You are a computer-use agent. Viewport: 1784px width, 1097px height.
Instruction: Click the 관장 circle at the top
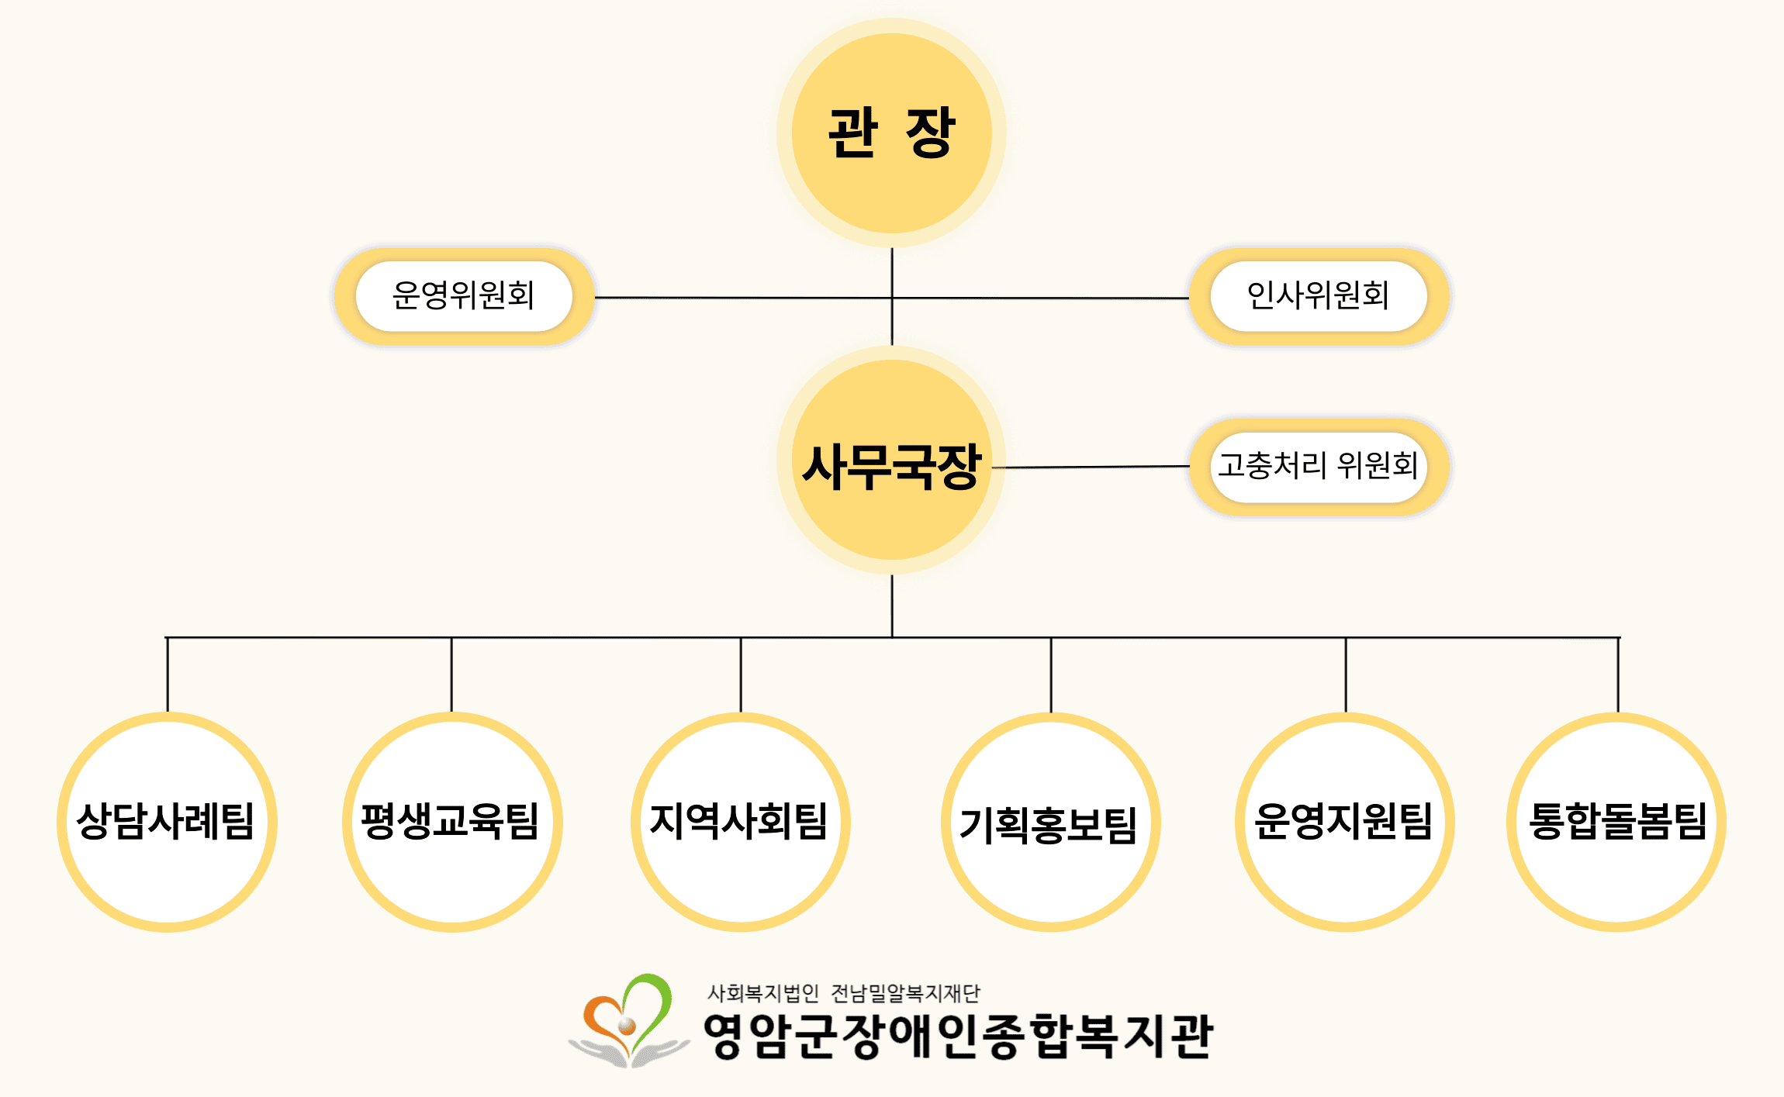point(891,133)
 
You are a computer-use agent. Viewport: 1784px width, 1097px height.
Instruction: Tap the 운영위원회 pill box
point(464,296)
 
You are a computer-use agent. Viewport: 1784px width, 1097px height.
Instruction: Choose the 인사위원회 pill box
point(1318,296)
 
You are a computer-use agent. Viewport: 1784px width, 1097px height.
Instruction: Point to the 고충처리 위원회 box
point(1318,467)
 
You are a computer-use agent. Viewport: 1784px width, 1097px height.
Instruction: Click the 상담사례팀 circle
point(167,822)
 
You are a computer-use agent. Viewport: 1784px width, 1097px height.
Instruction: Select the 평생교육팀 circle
point(451,822)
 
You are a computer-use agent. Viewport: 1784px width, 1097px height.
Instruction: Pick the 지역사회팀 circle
point(740,822)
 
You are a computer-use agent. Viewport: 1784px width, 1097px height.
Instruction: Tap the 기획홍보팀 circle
point(1050,822)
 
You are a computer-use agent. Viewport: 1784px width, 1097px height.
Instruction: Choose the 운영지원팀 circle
point(1344,822)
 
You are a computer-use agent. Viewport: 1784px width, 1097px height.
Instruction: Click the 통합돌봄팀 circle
point(1616,822)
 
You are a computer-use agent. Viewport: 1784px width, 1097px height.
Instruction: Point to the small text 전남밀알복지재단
point(905,993)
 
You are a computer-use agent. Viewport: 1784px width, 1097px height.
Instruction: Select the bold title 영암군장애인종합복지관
point(958,1037)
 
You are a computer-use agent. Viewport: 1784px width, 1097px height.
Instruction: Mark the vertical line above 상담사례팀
point(168,674)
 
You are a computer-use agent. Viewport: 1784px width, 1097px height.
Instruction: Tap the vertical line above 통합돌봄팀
point(1618,674)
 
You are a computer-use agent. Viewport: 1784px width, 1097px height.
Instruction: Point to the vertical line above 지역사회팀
point(741,674)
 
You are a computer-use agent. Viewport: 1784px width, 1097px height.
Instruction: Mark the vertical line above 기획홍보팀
point(1051,674)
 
